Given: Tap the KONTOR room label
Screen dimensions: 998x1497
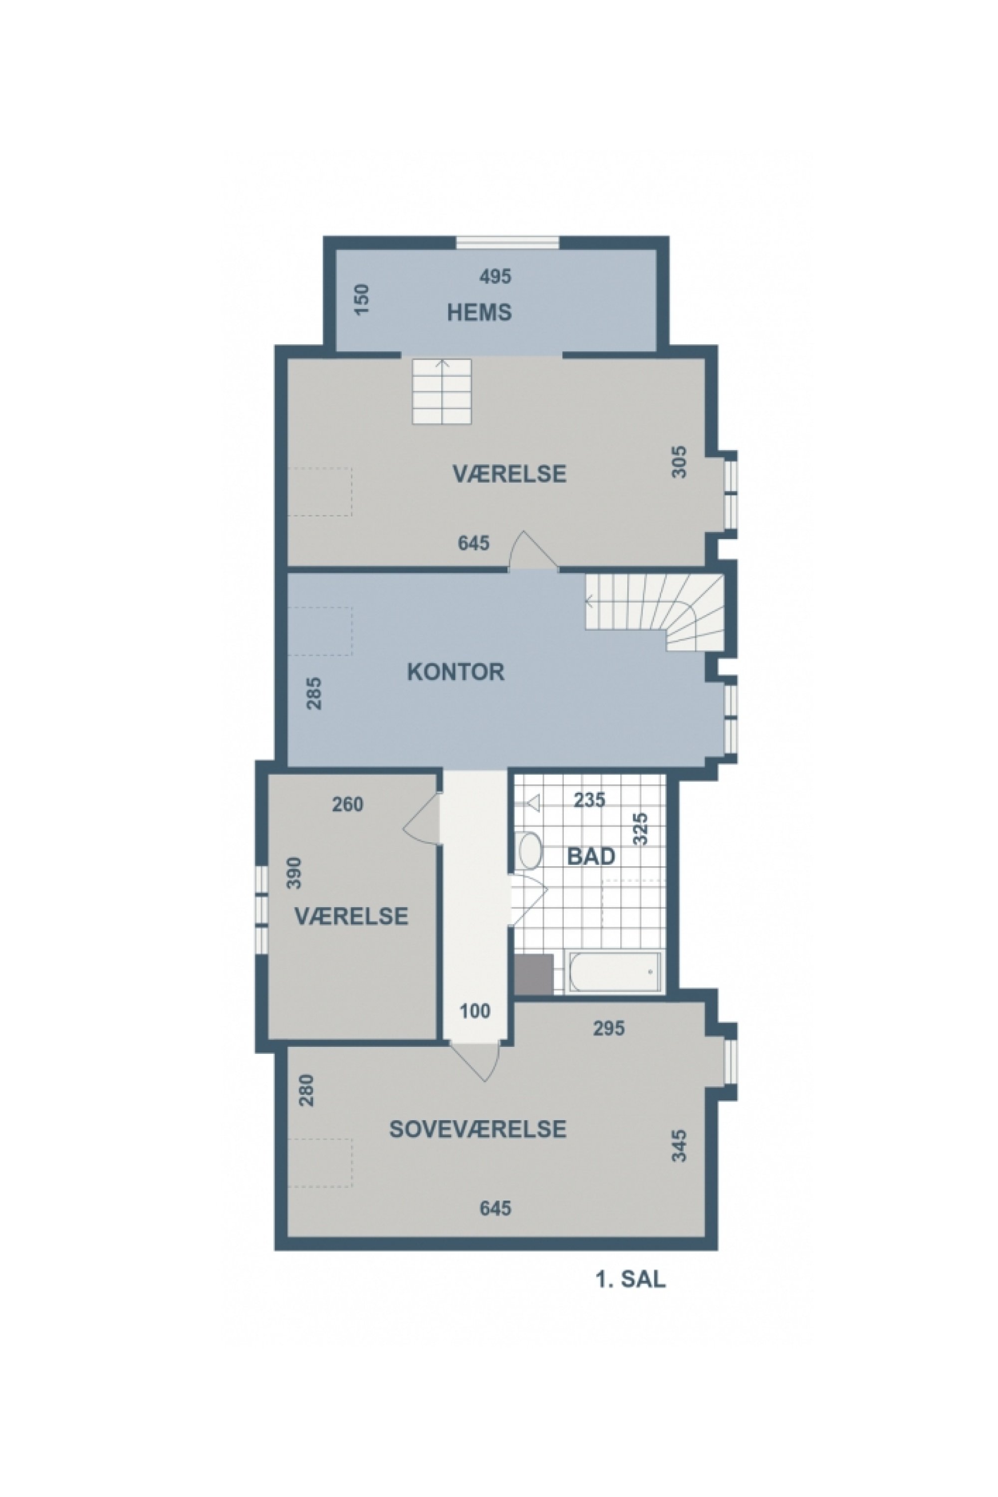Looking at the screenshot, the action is click(x=456, y=672).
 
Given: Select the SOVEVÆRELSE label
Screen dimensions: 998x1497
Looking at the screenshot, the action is click(x=478, y=1130).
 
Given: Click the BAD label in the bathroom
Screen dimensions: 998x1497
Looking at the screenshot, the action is click(x=591, y=857).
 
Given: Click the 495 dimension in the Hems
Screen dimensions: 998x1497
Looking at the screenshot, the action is click(x=495, y=276).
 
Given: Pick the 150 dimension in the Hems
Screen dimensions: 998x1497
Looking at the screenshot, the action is click(x=361, y=300).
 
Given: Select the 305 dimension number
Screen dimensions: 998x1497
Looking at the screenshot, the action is click(x=680, y=462).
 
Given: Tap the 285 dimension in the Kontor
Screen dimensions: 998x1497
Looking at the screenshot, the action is click(x=314, y=693).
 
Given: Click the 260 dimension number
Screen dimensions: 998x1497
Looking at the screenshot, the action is click(x=347, y=804).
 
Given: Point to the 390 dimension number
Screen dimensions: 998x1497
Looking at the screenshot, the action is click(x=294, y=873).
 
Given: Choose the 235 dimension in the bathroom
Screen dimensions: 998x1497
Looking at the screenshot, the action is click(x=589, y=800).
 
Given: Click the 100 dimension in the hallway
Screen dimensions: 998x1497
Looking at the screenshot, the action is click(x=475, y=1011).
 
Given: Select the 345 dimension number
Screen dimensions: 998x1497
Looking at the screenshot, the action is click(x=680, y=1146).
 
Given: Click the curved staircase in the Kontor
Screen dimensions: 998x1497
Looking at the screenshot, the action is click(x=662, y=612).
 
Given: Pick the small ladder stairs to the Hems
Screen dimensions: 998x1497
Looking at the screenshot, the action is click(x=442, y=391).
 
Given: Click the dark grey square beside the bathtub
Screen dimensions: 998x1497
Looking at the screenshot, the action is click(x=534, y=974).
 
